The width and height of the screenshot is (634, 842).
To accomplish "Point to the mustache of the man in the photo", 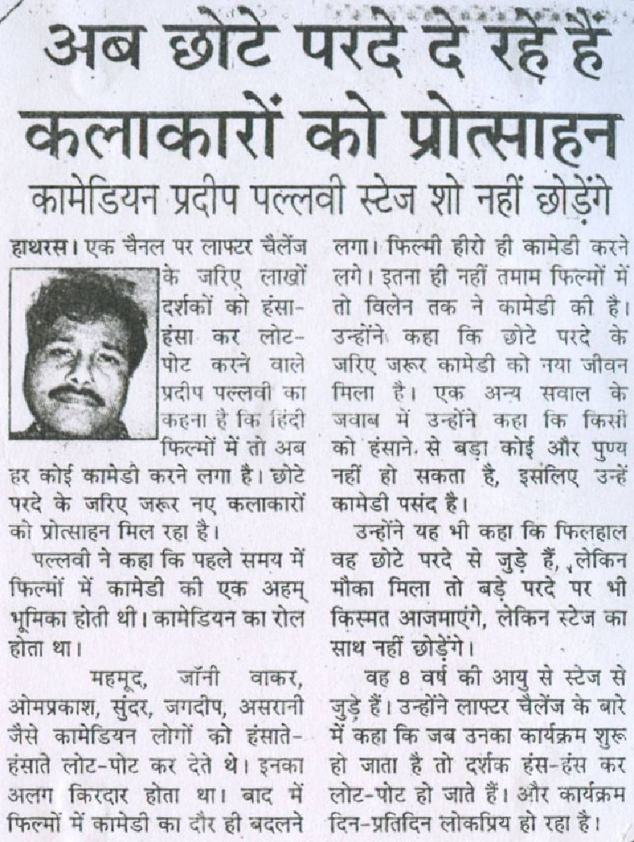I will pos(75,394).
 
